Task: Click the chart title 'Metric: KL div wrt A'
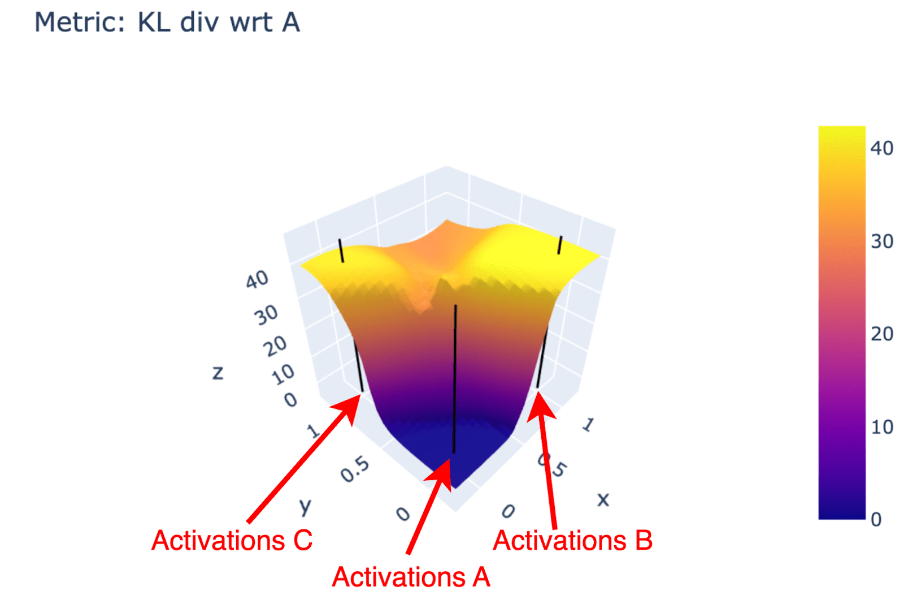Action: click(167, 23)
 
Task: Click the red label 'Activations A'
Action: click(411, 577)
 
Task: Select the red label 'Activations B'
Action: click(573, 540)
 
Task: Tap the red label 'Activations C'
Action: click(232, 540)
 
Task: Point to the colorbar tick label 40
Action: click(882, 149)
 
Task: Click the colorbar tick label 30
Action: click(882, 241)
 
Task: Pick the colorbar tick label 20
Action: click(882, 334)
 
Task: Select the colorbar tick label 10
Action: click(882, 427)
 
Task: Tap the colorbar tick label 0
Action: click(876, 520)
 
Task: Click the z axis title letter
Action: click(218, 373)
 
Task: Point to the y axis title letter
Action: click(306, 506)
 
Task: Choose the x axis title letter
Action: click(603, 500)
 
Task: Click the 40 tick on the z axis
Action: click(257, 279)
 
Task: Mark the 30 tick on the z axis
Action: click(266, 315)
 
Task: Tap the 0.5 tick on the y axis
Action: click(355, 469)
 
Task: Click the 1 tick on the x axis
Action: click(588, 425)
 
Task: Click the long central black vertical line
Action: click(455, 379)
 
